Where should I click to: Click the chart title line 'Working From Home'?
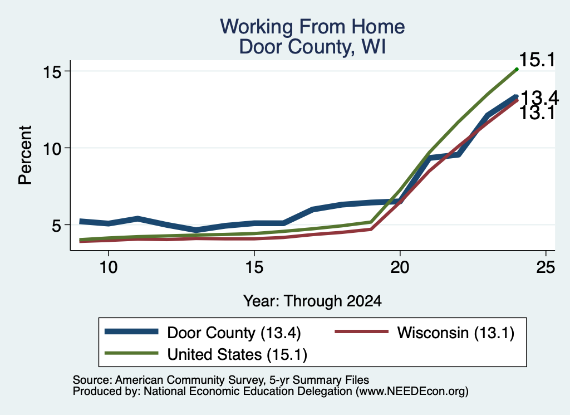(312, 27)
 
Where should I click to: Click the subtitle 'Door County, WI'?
(312, 47)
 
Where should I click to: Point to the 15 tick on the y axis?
(52, 72)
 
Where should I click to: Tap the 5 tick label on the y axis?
(56, 226)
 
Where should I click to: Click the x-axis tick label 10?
(109, 268)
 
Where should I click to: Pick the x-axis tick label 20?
(400, 268)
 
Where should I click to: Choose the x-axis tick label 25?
(546, 268)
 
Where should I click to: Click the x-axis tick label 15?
(254, 268)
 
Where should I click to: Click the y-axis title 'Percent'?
(26, 155)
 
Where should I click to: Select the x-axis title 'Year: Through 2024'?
(312, 301)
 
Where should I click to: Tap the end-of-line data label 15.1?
(537, 60)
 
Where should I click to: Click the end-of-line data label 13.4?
(539, 98)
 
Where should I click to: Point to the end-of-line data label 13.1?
(537, 113)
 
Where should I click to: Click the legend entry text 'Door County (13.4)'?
(234, 333)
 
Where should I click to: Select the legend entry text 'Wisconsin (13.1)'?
(456, 333)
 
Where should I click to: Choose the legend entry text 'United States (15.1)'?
(237, 355)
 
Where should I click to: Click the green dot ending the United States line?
(517, 69)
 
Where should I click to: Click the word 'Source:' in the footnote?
(92, 380)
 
